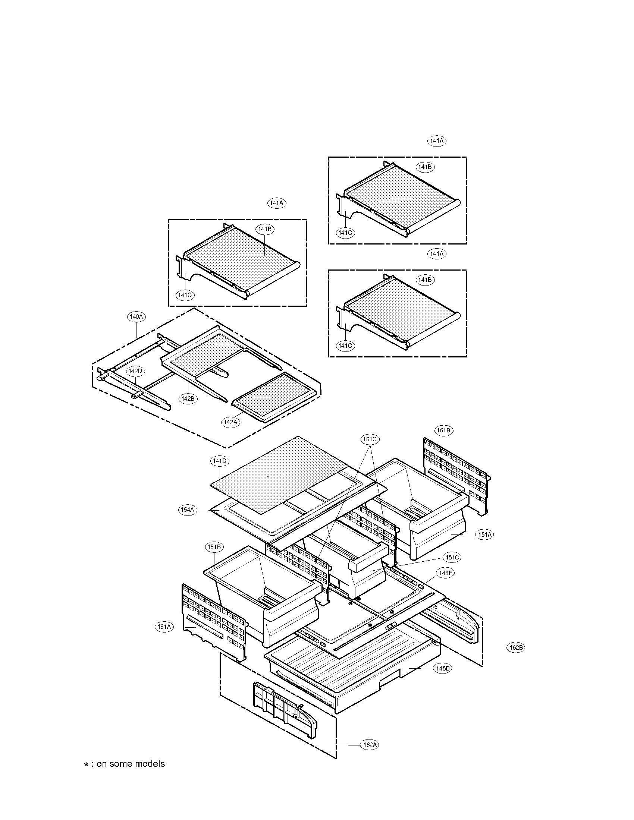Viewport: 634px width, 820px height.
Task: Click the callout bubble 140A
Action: [x=136, y=316]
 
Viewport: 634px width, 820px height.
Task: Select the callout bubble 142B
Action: [x=187, y=399]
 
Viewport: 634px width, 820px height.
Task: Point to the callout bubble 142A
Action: [x=230, y=422]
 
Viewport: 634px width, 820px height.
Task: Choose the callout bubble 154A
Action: [x=187, y=510]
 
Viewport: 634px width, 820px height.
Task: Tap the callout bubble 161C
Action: [x=370, y=439]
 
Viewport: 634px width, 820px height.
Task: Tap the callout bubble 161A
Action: [x=164, y=626]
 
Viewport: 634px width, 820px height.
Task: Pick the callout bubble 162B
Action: [x=515, y=648]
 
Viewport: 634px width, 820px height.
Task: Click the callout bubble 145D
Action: [x=442, y=668]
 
